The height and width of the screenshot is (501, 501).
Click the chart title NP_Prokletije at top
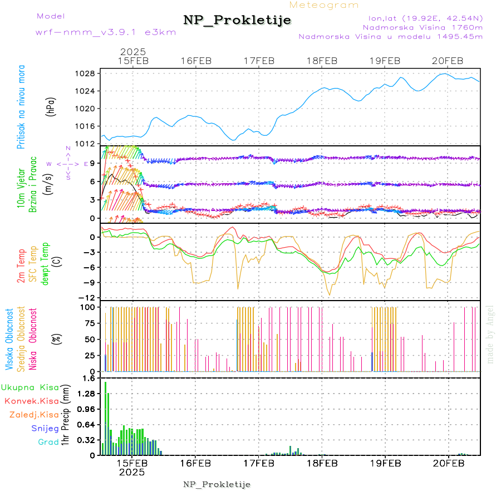tap(237, 21)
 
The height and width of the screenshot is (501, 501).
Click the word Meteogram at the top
tap(325, 5)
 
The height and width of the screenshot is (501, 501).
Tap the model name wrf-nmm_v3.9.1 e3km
tap(106, 32)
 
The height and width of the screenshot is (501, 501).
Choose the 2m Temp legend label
tap(21, 265)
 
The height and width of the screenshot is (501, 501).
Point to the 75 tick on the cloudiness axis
tap(88, 322)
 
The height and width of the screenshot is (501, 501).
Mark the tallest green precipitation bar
tap(106, 417)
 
